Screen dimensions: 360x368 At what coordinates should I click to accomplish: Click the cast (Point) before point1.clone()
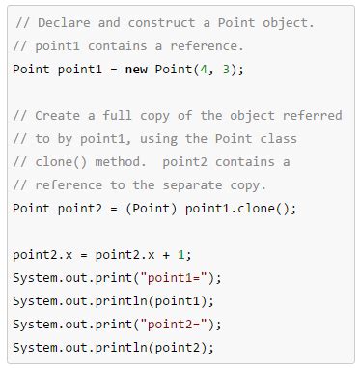pos(137,208)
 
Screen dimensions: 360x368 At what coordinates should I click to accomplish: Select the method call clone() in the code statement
pos(244,208)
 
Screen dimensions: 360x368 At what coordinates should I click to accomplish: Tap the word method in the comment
pos(118,161)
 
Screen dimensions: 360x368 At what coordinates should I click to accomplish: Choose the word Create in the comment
pos(58,115)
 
